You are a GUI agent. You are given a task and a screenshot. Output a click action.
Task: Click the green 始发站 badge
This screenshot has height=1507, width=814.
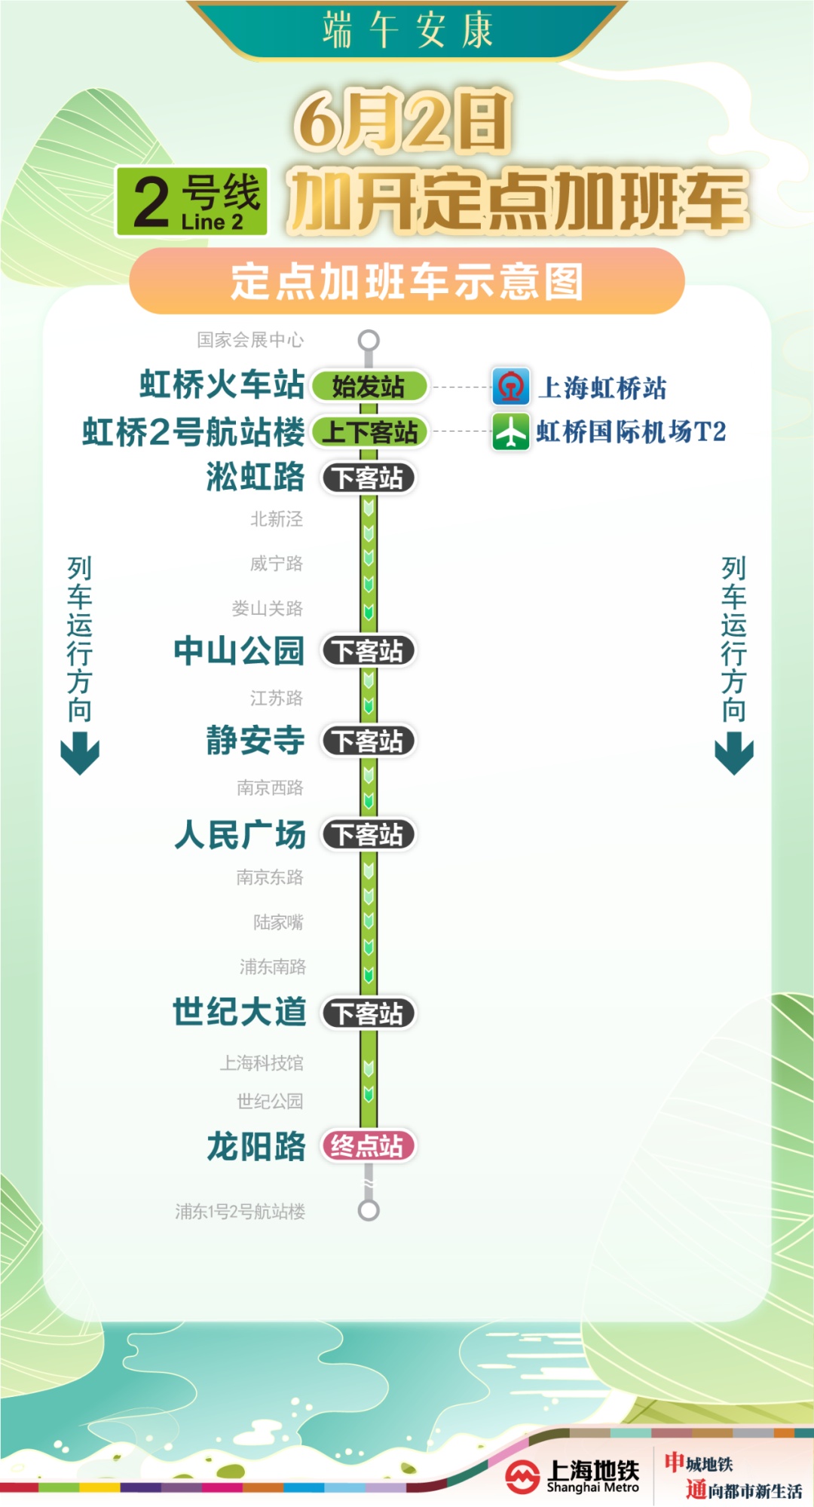[369, 387]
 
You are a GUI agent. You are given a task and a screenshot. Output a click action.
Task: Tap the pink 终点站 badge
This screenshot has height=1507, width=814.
[369, 1146]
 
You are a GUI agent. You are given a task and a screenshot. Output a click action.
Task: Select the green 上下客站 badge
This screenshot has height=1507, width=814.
[369, 433]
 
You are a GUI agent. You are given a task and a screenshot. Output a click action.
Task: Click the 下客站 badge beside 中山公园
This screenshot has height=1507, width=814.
[369, 651]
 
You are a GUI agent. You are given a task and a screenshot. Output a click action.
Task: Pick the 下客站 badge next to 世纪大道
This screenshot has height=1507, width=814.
[369, 1013]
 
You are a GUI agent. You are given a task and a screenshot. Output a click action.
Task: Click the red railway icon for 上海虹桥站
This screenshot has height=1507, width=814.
[511, 387]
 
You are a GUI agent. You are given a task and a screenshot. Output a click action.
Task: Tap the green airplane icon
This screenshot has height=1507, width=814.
[511, 432]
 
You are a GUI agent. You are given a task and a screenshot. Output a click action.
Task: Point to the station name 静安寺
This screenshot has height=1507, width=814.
[256, 740]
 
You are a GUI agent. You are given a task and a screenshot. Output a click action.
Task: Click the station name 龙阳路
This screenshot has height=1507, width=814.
[256, 1146]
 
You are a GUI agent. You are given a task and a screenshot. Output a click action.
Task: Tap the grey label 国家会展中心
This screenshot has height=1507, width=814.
[250, 340]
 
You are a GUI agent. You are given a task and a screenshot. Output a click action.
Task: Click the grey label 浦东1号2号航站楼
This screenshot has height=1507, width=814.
[240, 1211]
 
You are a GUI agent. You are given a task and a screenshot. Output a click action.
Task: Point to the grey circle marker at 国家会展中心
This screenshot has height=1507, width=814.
[369, 340]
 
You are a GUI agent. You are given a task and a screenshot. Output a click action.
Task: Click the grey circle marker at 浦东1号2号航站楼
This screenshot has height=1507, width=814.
[369, 1210]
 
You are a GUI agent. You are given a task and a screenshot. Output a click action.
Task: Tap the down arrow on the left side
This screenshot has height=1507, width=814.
[80, 753]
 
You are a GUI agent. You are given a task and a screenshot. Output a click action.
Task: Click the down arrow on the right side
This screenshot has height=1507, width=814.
[734, 753]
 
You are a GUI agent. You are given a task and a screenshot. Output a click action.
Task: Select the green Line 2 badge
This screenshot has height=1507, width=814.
[191, 201]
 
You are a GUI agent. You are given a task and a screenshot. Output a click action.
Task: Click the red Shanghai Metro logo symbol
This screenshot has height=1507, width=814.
[522, 1476]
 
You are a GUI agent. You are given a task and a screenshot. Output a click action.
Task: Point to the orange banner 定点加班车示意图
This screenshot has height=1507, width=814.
[407, 281]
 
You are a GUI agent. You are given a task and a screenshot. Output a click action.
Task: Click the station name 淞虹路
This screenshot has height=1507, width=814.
[256, 477]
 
